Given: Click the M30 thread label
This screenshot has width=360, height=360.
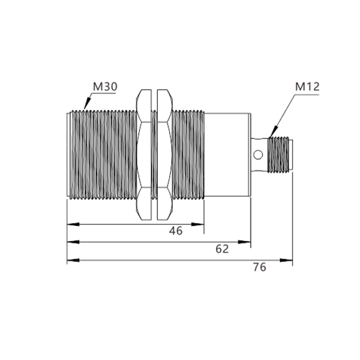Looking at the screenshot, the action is (105, 86).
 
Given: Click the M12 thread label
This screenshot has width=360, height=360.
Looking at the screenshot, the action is (307, 86).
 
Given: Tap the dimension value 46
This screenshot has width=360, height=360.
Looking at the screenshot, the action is (176, 230).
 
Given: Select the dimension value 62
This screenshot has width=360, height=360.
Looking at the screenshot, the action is (222, 249).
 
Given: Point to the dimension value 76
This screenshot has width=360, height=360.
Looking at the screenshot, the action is (260, 267).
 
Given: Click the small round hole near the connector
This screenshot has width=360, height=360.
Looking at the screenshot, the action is (258, 155).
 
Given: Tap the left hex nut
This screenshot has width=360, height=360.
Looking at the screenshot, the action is (144, 155).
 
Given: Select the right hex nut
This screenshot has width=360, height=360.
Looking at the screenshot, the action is (165, 155).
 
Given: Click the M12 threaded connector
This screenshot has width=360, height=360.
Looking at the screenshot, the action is (279, 155).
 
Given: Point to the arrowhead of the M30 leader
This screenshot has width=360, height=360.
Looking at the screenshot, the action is (86, 104).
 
